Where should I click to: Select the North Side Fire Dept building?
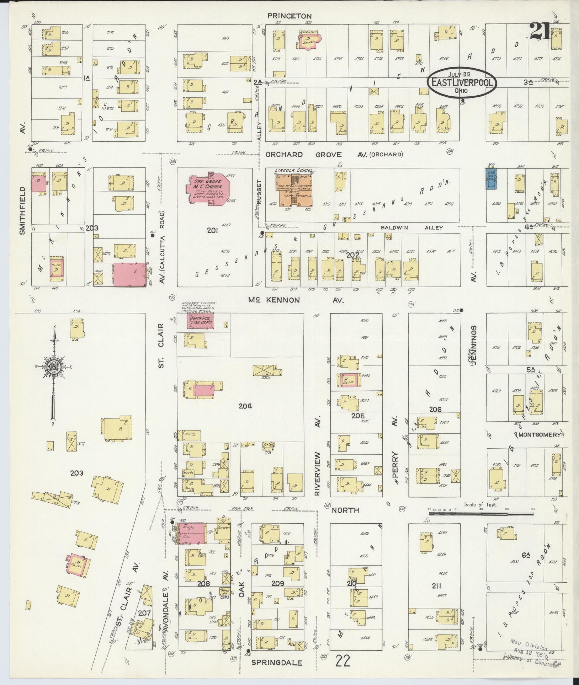click(x=201, y=321)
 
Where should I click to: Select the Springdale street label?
click(x=277, y=663)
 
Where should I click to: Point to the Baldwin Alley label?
click(x=412, y=228)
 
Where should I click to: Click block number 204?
click(x=245, y=406)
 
